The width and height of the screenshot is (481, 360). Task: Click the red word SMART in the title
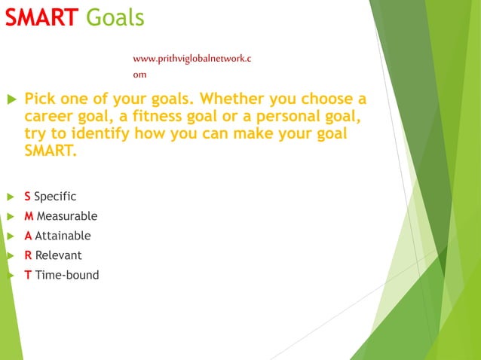click(x=41, y=17)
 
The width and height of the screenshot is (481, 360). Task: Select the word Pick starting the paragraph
click(x=41, y=99)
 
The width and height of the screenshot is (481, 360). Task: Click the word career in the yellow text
click(x=51, y=117)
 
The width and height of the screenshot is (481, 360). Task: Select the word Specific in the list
click(x=55, y=197)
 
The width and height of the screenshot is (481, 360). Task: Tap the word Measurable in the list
click(x=67, y=216)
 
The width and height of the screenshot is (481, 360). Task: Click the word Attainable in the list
click(x=63, y=236)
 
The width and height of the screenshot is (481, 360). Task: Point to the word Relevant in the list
click(x=58, y=255)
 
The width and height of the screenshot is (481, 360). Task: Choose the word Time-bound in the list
click(x=67, y=275)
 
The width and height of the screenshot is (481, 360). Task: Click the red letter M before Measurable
click(x=29, y=216)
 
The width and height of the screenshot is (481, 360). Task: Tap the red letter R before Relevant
click(x=28, y=255)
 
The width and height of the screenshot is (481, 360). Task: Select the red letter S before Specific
click(x=27, y=197)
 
